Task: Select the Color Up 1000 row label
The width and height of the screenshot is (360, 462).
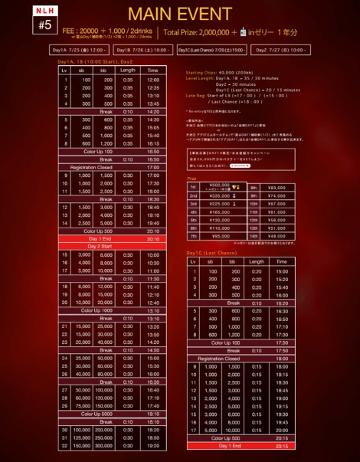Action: pyautogui.click(x=93, y=310)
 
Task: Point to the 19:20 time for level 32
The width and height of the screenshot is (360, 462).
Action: pyautogui.click(x=152, y=444)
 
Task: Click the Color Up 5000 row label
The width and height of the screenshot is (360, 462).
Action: pyautogui.click(x=93, y=413)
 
